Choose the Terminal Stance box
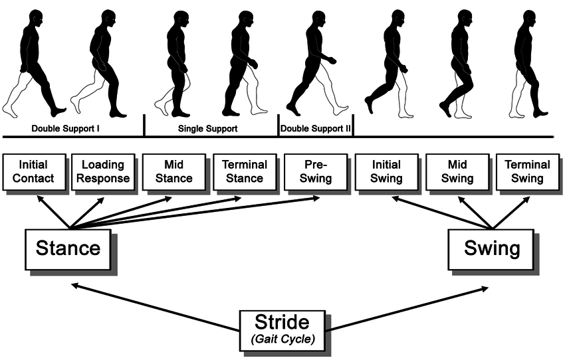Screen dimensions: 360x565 (x=244, y=171)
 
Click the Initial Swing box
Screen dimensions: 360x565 (x=386, y=171)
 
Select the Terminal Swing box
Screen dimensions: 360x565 (x=528, y=171)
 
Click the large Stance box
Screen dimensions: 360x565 (x=68, y=248)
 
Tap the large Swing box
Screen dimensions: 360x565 (x=491, y=249)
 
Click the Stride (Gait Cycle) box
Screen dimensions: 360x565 (x=282, y=329)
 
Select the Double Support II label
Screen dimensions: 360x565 (x=315, y=127)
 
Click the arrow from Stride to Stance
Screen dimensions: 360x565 (x=153, y=307)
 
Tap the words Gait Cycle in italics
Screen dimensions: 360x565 (x=282, y=339)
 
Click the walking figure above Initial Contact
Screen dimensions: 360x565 (x=33, y=63)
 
